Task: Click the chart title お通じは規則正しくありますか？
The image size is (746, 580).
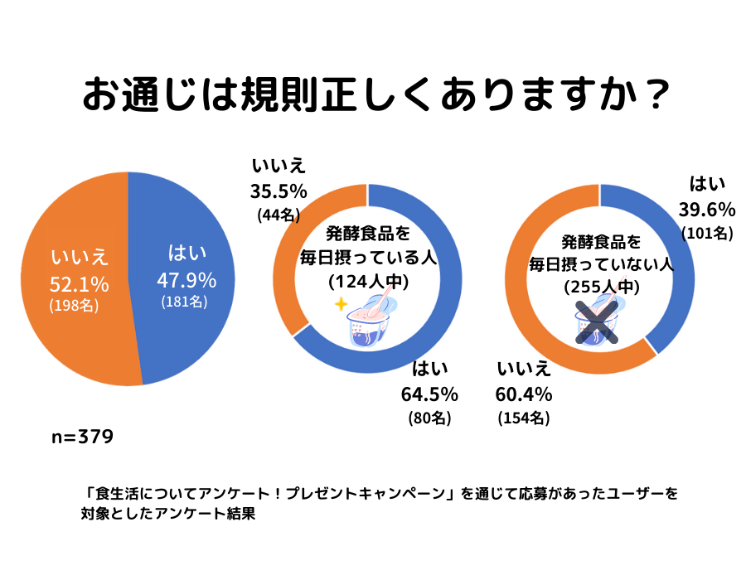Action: tap(375, 95)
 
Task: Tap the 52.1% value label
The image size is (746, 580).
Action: tap(79, 285)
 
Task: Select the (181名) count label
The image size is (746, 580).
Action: tap(184, 302)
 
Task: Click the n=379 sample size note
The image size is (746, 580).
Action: tap(82, 436)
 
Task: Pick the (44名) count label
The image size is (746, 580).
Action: tap(279, 215)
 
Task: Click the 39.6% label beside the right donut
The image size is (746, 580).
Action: tap(707, 208)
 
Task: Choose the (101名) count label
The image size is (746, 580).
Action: tap(707, 233)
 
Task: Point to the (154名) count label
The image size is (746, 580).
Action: tap(524, 418)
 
